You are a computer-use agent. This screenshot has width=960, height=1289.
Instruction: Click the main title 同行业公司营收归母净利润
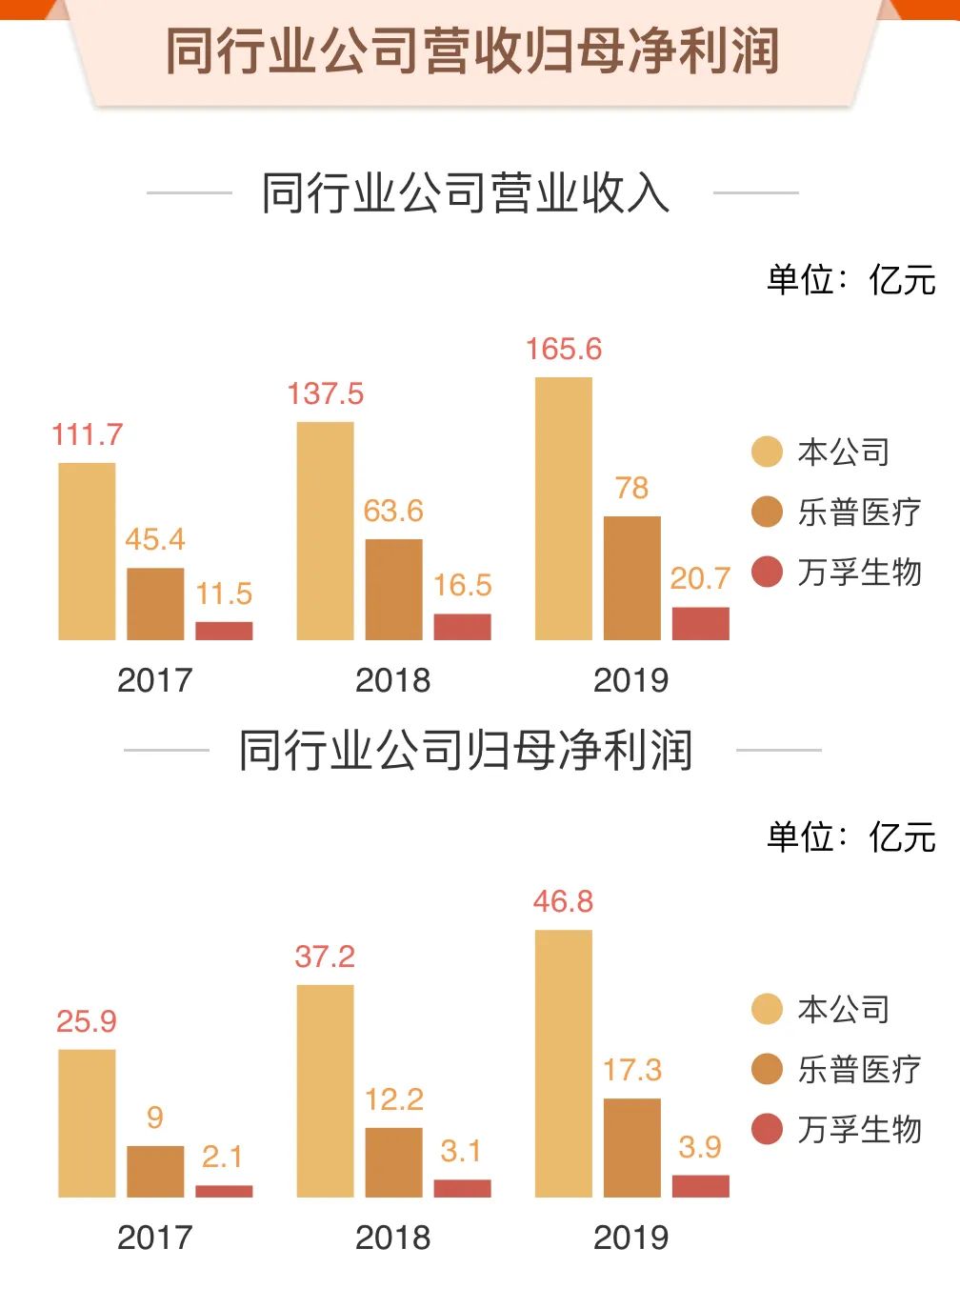(x=472, y=51)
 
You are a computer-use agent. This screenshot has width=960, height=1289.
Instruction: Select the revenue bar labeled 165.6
(x=564, y=508)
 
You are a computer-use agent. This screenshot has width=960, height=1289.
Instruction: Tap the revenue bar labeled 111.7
(x=87, y=551)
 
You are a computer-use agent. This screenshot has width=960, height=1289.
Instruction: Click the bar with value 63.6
(x=393, y=589)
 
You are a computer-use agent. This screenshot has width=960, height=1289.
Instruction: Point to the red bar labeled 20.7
(x=700, y=623)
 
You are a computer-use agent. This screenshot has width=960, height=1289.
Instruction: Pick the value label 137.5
(x=326, y=393)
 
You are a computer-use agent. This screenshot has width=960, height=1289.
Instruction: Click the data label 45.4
(x=155, y=539)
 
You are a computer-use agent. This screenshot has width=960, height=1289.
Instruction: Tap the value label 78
(x=631, y=488)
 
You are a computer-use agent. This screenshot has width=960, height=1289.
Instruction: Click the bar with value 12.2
(x=393, y=1161)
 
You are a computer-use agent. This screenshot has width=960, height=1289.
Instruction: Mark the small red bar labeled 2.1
(x=224, y=1191)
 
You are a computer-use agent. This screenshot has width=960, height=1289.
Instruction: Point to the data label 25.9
(x=87, y=1021)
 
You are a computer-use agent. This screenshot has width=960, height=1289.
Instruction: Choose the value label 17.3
(x=631, y=1070)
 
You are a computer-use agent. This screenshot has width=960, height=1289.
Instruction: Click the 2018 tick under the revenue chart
(x=392, y=680)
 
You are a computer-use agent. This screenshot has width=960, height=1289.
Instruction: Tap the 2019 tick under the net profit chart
(x=630, y=1238)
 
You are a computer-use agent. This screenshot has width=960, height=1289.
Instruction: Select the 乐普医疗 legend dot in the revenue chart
(x=767, y=512)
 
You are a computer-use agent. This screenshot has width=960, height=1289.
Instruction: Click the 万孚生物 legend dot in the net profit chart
(x=767, y=1129)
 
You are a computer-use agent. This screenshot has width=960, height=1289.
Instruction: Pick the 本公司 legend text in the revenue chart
(x=844, y=452)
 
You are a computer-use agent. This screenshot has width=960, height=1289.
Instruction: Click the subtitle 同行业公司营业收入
(x=466, y=193)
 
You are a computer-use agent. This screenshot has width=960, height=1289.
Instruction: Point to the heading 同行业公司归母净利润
(x=466, y=751)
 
